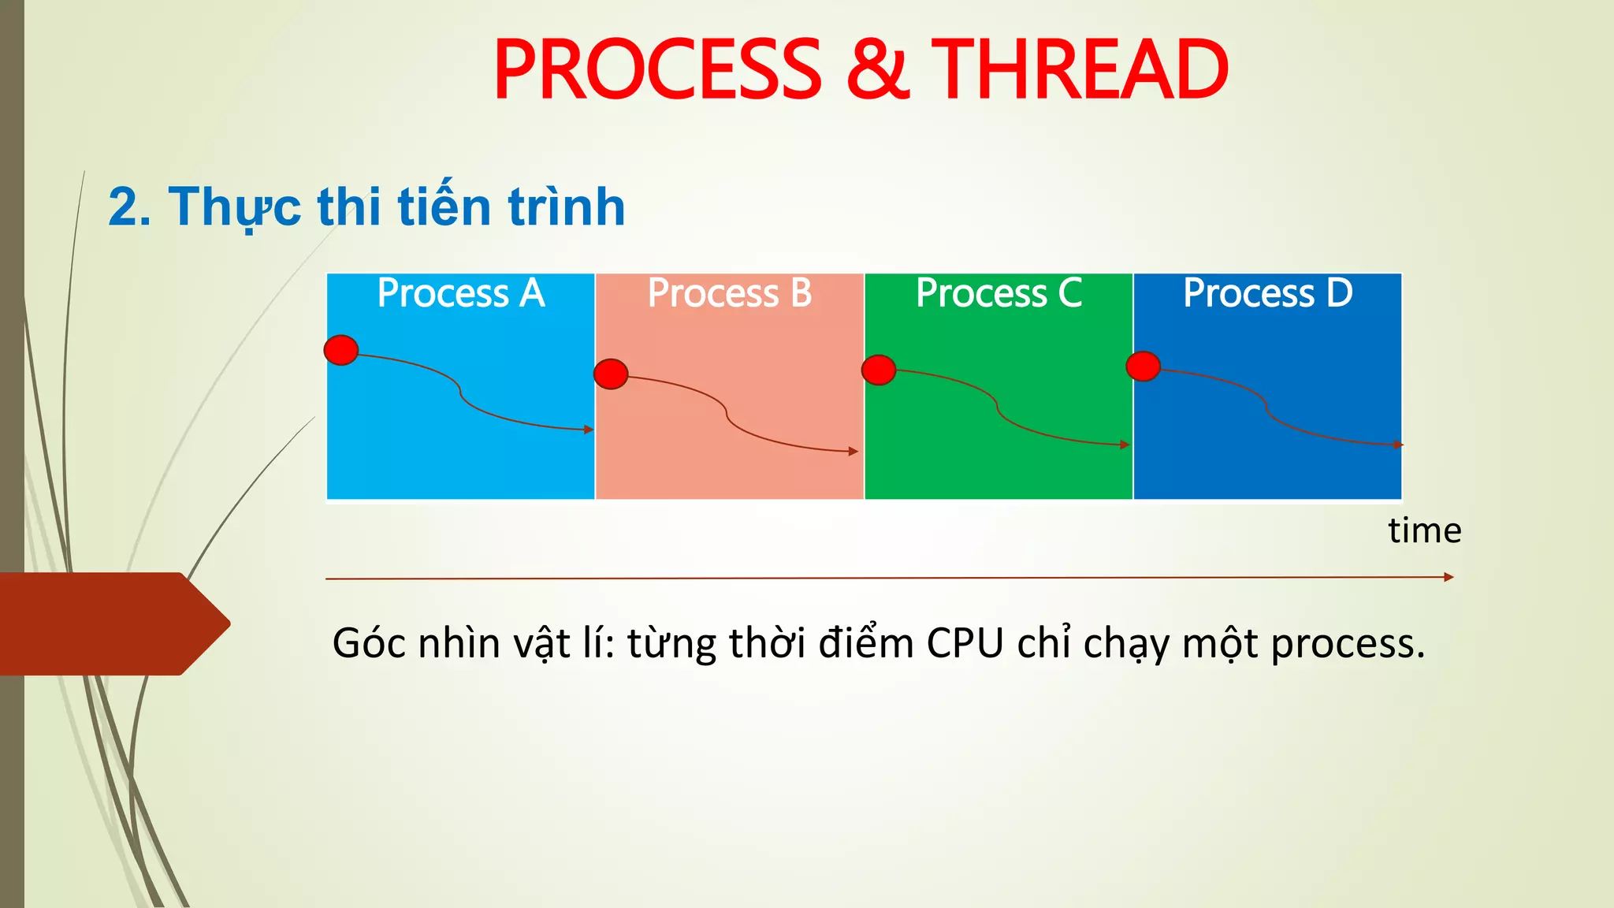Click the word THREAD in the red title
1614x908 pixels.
click(x=1080, y=71)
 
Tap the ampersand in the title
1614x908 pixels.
click(x=877, y=71)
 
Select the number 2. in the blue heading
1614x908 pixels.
click(x=129, y=208)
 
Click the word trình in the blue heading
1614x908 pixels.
click(x=567, y=207)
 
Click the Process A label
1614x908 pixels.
click(x=461, y=293)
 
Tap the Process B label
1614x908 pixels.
click(x=730, y=293)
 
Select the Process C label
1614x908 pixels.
click(x=999, y=293)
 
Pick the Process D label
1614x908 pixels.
click(x=1267, y=293)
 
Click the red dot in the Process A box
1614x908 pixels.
click(x=341, y=350)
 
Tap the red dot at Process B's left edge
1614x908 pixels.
click(x=611, y=374)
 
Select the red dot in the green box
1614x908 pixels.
click(x=879, y=370)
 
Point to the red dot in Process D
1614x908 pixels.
click(x=1143, y=366)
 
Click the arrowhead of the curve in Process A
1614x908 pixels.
click(x=589, y=430)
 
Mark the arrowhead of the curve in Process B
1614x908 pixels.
click(x=853, y=452)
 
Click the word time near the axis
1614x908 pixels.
click(x=1425, y=530)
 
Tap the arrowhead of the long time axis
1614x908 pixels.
click(x=1449, y=577)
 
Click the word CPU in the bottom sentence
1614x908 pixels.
click(x=965, y=643)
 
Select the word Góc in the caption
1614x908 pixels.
click(x=369, y=643)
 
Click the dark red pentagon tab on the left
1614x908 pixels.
click(x=110, y=623)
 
